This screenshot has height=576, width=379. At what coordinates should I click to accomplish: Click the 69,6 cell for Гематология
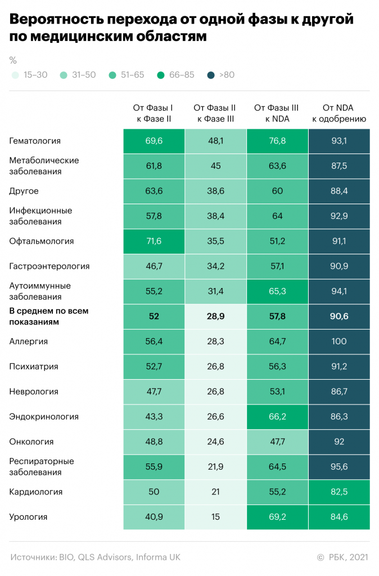point(154,141)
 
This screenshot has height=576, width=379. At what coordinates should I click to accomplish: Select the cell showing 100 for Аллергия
point(339,341)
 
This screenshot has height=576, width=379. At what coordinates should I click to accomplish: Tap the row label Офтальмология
point(42,241)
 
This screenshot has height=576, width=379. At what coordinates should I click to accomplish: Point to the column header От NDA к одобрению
point(339,113)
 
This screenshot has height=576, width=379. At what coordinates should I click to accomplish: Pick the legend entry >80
point(221,75)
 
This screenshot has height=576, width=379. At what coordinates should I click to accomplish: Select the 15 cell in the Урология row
point(215,517)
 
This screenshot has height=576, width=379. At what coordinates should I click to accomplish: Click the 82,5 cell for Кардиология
point(339,492)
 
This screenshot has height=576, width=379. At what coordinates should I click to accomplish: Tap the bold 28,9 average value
point(215,317)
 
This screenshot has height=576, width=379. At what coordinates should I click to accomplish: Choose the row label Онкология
point(31,442)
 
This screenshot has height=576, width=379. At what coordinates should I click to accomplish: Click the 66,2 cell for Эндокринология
point(277,417)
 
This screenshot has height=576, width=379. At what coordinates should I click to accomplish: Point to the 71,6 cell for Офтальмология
point(154,241)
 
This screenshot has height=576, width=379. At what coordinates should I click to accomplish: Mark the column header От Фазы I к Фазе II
point(154,113)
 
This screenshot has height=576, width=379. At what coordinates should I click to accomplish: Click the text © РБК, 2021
point(342,557)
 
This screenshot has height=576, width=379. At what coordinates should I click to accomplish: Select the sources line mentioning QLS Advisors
point(95,557)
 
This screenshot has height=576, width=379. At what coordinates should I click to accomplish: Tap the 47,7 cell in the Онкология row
point(277,442)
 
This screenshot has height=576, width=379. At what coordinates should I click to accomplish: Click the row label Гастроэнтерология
point(49,266)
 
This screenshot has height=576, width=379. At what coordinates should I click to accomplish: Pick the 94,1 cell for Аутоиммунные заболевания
point(339,291)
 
